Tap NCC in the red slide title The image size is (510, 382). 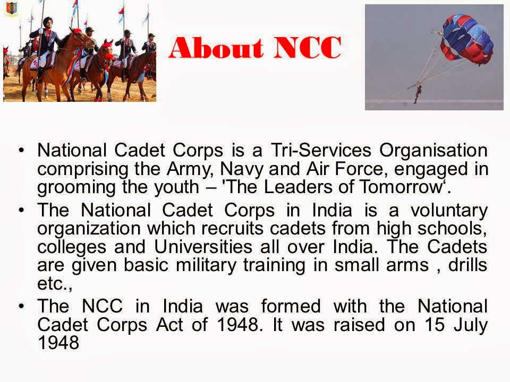click(308, 49)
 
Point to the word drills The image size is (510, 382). click(465, 265)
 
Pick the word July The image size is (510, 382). click(470, 325)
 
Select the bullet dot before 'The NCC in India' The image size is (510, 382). click(22, 307)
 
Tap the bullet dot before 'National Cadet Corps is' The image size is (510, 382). click(22, 151)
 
